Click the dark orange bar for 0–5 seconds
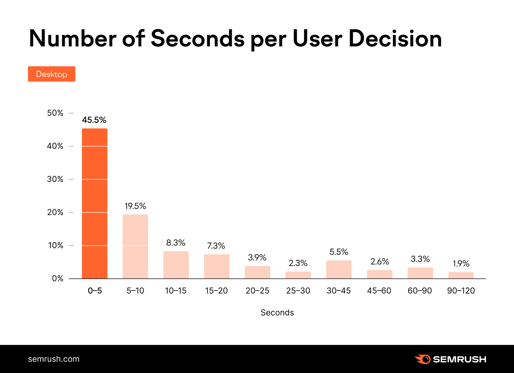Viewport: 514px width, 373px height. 94,203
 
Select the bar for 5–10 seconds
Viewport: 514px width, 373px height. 135,246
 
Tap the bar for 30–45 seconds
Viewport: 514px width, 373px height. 339,269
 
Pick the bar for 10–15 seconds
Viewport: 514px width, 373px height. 176,265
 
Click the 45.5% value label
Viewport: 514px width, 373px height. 94,120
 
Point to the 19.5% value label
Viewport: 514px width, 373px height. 135,206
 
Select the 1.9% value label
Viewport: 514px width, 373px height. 461,264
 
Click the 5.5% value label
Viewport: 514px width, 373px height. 339,252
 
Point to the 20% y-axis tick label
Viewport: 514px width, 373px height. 55,212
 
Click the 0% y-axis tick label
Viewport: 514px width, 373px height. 58,278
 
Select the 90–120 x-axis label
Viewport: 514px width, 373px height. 461,291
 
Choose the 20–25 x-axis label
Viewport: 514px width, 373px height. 257,291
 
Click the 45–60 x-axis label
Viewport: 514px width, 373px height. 379,291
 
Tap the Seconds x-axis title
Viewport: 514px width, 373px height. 277,313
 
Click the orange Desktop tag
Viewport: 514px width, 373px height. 51,74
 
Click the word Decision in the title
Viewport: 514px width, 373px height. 395,39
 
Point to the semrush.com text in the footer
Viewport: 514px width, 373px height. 54,359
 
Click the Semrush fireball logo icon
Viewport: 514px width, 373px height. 423,359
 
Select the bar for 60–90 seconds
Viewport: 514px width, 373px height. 420,273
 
